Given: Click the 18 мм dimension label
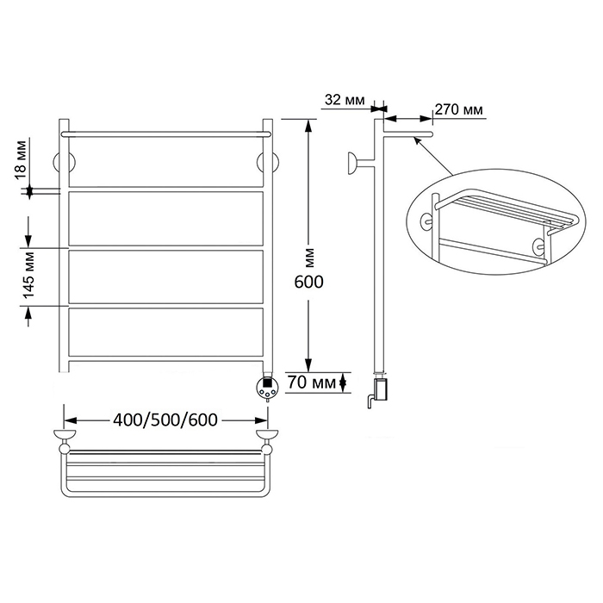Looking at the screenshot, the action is click(22, 160).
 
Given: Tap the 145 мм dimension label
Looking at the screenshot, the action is click(28, 274).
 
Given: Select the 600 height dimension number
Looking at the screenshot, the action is click(308, 283).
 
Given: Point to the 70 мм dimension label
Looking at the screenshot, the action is click(312, 382).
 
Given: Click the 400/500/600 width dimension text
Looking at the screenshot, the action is click(165, 420).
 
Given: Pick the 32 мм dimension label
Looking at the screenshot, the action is click(345, 100).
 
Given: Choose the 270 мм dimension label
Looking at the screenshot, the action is click(459, 109).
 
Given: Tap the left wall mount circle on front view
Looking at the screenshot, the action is click(64, 163).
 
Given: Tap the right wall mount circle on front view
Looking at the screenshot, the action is click(268, 163).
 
